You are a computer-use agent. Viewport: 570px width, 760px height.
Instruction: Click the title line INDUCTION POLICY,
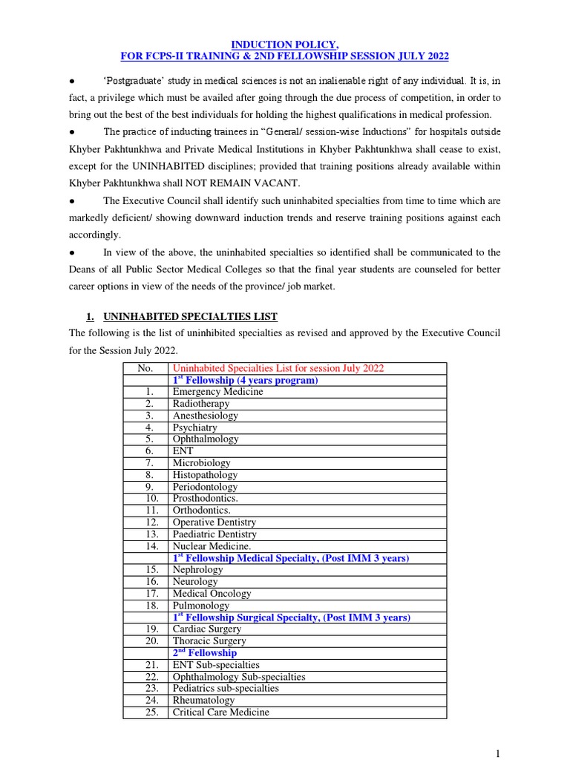(285, 45)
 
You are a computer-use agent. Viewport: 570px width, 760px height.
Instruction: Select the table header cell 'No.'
(145, 368)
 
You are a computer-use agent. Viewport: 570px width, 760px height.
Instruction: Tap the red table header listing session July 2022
(278, 368)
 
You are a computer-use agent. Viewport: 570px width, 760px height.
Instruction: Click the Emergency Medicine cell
(217, 392)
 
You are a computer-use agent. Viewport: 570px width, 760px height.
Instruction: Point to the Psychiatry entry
(195, 427)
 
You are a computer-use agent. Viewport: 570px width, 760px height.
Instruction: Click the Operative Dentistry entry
(214, 522)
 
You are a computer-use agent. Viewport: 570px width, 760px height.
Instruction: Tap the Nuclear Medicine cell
(212, 546)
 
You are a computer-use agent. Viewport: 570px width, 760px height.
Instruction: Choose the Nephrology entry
(197, 570)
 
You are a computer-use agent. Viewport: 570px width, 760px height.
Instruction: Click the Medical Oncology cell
(212, 594)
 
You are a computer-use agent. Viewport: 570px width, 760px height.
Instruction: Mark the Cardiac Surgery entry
(206, 629)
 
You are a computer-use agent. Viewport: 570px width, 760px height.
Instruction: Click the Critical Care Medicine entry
(221, 712)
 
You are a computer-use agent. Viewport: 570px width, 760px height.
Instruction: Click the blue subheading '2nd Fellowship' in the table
(204, 653)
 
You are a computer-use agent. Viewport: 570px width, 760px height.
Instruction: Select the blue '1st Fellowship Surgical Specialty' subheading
(291, 617)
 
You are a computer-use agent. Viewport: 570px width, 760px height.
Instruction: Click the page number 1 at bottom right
(498, 753)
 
